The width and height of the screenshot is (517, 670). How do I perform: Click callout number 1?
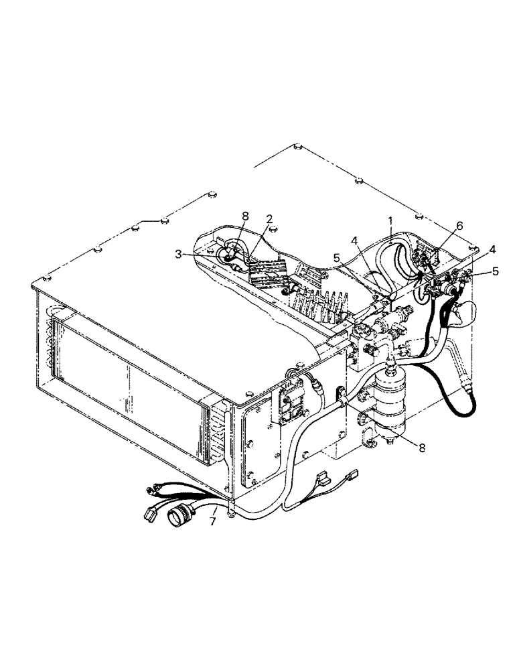click(x=389, y=219)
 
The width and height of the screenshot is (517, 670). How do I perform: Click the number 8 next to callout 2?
click(x=245, y=216)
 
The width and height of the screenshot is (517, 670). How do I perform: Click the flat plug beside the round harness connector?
click(x=149, y=515)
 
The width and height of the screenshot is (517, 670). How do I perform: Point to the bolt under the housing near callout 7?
click(x=230, y=513)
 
